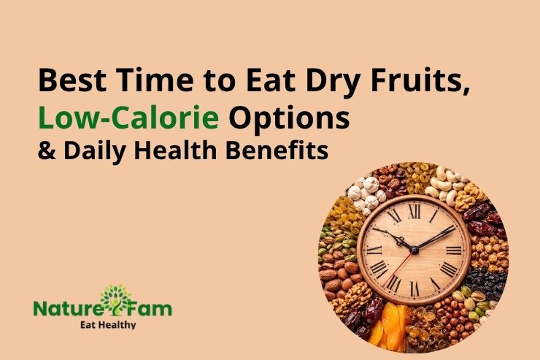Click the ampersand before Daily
[45, 152]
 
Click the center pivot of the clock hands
[413, 249]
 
